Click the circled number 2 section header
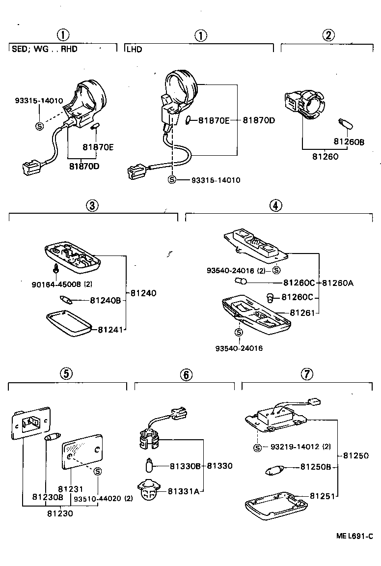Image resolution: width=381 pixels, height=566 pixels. pyautogui.click(x=328, y=35)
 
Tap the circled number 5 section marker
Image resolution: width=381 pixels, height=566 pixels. pyautogui.click(x=66, y=373)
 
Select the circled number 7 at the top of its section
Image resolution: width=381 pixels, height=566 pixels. pyautogui.click(x=306, y=374)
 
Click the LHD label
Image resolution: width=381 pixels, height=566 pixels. pyautogui.click(x=134, y=50)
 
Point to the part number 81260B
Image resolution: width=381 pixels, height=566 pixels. pyautogui.click(x=349, y=142)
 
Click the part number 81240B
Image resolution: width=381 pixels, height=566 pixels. pyautogui.click(x=105, y=300)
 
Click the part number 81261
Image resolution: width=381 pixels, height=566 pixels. pyautogui.click(x=302, y=313)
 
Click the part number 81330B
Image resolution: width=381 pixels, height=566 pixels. pyautogui.click(x=186, y=466)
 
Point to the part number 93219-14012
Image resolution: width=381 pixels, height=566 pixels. pyautogui.click(x=295, y=447)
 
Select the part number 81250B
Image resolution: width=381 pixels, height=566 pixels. pyautogui.click(x=316, y=467)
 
